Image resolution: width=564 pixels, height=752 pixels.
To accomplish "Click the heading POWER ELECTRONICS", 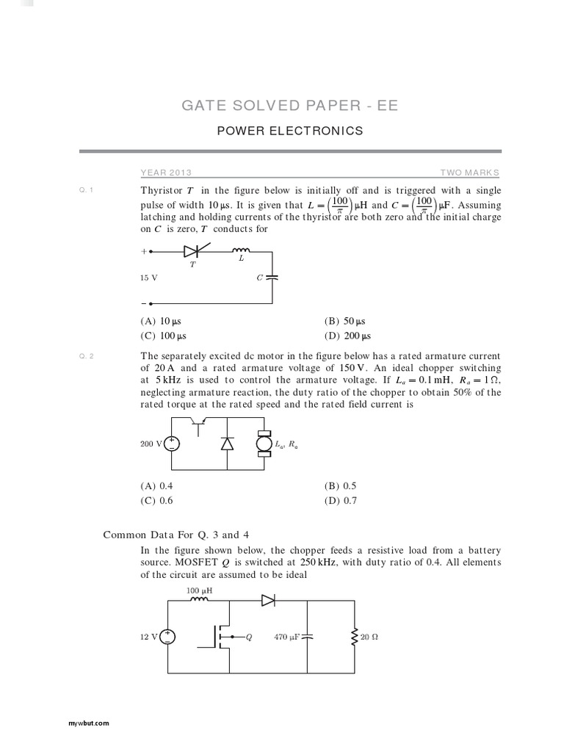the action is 290,131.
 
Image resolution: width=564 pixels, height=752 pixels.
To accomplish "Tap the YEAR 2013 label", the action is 166,173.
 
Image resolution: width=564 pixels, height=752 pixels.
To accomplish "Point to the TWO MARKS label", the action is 469,173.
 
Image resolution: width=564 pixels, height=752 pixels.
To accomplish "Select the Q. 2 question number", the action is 86,356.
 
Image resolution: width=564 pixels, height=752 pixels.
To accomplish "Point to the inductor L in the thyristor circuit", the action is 241,251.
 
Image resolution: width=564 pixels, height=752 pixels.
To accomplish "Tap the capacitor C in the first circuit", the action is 272,278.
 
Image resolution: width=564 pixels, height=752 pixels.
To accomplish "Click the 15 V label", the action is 149,278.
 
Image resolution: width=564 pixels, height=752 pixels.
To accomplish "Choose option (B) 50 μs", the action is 344,321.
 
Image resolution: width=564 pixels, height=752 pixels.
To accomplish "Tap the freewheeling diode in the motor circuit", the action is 227,444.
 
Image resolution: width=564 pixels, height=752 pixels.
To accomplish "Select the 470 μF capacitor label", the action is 287,637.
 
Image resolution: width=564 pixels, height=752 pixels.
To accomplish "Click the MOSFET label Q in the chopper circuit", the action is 248,637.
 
